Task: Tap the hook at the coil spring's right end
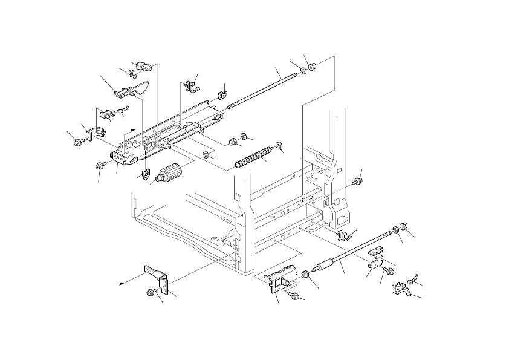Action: pyautogui.click(x=279, y=145)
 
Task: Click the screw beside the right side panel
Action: pyautogui.click(x=357, y=181)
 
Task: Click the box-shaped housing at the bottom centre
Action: pyautogui.click(x=282, y=279)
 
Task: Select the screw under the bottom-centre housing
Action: pyautogui.click(x=294, y=295)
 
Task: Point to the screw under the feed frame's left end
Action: pyautogui.click(x=98, y=165)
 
